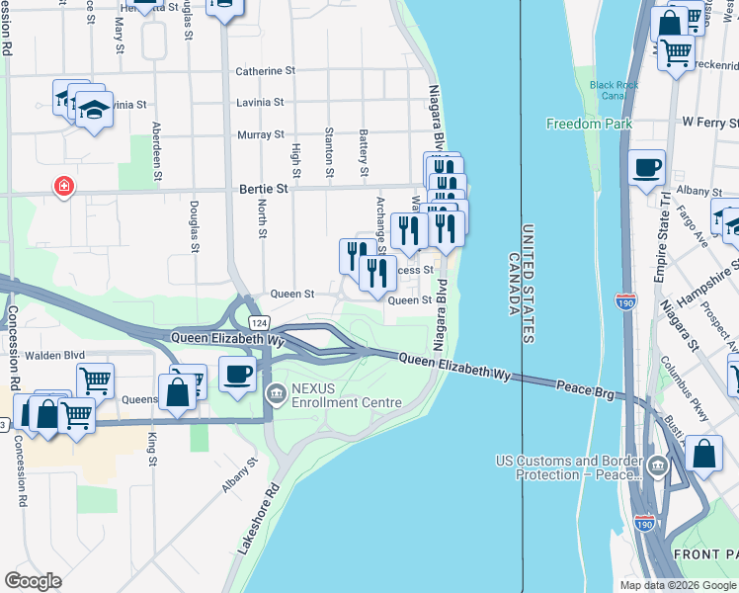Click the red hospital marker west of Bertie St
coord(63,186)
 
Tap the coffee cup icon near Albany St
coord(646,167)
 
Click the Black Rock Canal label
coord(615,91)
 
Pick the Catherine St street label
coord(265,71)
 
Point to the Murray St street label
coord(261,134)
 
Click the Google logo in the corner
coord(34,580)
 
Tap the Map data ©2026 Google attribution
coord(676,585)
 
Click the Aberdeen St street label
coord(156,151)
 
